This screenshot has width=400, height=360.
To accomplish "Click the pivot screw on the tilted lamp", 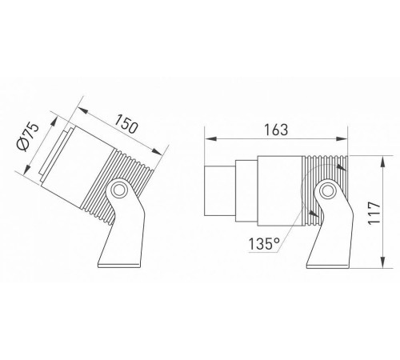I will pyautogui.click(x=119, y=190).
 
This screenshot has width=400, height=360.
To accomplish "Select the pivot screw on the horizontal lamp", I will pyautogui.click(x=327, y=191).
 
